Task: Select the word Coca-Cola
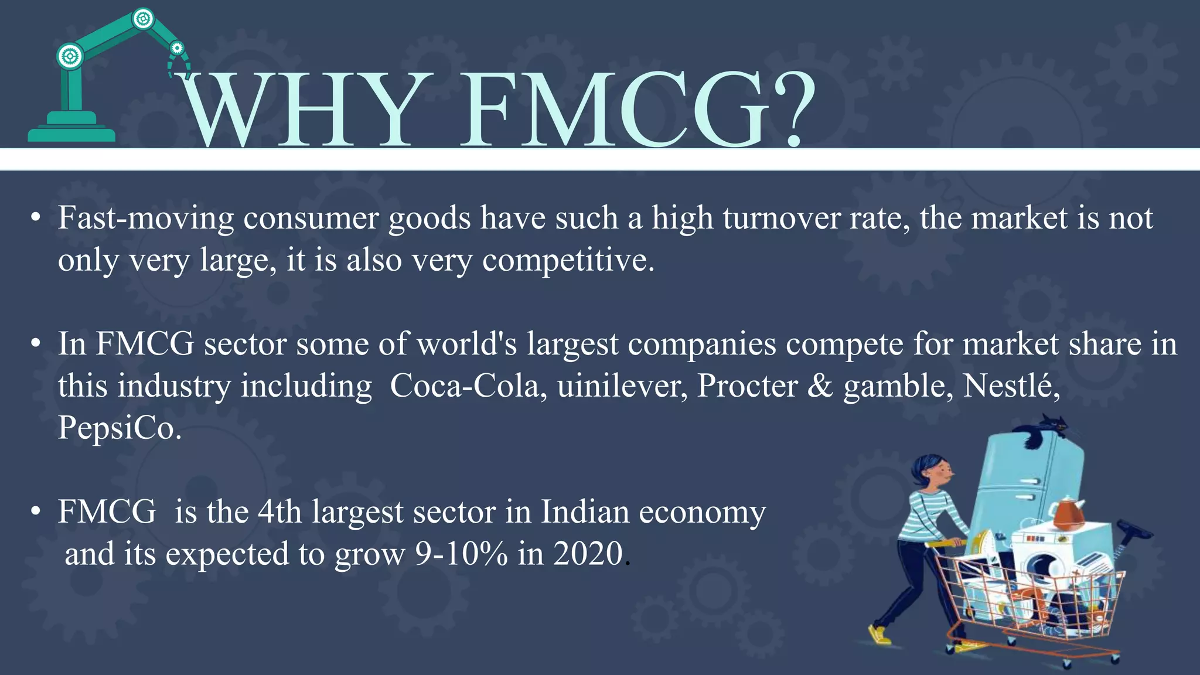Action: point(464,386)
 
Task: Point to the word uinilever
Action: point(622,386)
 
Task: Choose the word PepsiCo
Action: point(119,428)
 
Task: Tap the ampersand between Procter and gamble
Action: point(820,386)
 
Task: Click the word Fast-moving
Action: point(146,219)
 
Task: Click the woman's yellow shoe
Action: point(878,635)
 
